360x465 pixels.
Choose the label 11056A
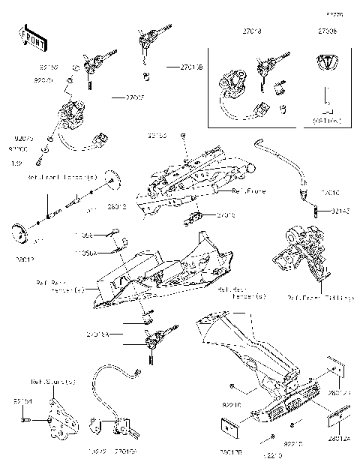pos(105,253)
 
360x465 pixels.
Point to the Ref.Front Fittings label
pos(320,298)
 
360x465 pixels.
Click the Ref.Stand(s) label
pos(53,382)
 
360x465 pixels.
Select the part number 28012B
pos(229,452)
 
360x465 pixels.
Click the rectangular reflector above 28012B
pos(229,424)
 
